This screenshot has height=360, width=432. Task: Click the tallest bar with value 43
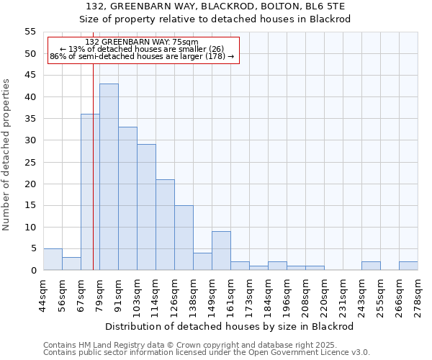pos(109,177)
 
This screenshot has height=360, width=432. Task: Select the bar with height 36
pos(90,192)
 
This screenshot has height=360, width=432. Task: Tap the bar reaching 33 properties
pos(127,199)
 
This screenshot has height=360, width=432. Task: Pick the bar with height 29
pos(146,207)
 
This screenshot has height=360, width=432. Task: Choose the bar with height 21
pos(165,225)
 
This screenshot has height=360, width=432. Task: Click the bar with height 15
pos(184,238)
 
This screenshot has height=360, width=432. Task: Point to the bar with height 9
pos(221,251)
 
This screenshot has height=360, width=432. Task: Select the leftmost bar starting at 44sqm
pos(53,259)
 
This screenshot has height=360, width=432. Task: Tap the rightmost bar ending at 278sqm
pos(408,266)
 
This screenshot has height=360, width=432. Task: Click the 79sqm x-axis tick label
pos(99,294)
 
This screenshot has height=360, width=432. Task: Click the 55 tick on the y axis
pos(30,32)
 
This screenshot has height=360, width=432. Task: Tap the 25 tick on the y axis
pos(30,162)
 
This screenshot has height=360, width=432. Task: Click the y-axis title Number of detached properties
pos(7,155)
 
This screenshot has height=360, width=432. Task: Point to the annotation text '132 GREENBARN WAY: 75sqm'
pos(142,42)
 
